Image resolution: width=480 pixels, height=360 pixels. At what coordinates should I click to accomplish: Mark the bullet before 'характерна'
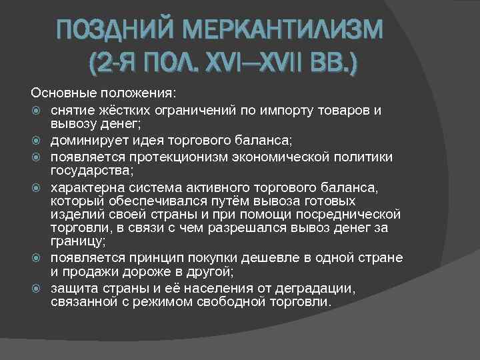pyautogui.click(x=38, y=186)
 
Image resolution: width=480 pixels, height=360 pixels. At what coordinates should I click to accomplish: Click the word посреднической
pyautogui.click(x=347, y=214)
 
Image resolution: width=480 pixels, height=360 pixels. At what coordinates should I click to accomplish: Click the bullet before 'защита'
pyautogui.click(x=38, y=288)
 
